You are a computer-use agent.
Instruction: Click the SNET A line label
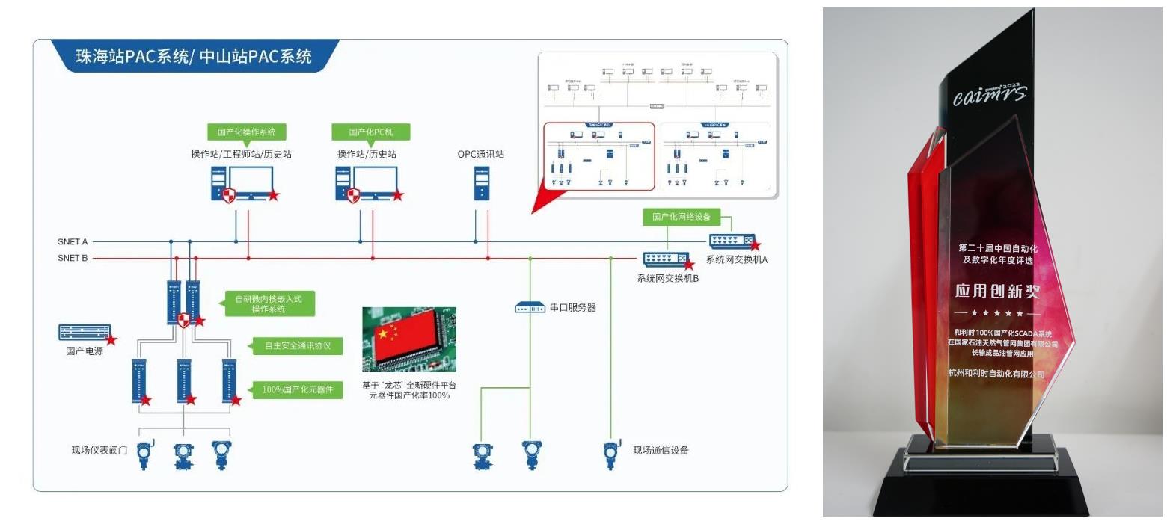click(73, 242)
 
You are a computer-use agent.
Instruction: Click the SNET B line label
click(73, 259)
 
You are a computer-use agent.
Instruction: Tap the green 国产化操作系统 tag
click(247, 132)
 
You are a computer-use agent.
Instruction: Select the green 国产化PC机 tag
click(370, 132)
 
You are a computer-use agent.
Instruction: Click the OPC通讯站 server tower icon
click(482, 183)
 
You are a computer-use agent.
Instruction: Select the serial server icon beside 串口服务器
click(530, 308)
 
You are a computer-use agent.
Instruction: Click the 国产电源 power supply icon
click(85, 333)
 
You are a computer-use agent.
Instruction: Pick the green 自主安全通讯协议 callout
click(297, 346)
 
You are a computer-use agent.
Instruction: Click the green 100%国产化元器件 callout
click(297, 389)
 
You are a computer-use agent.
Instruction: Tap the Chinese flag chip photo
click(409, 339)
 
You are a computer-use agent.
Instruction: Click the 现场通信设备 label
click(661, 450)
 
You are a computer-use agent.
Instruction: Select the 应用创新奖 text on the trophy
click(997, 291)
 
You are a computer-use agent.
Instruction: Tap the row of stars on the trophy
click(997, 313)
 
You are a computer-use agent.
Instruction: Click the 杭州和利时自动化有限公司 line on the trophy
click(996, 373)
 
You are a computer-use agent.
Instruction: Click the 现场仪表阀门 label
click(99, 450)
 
